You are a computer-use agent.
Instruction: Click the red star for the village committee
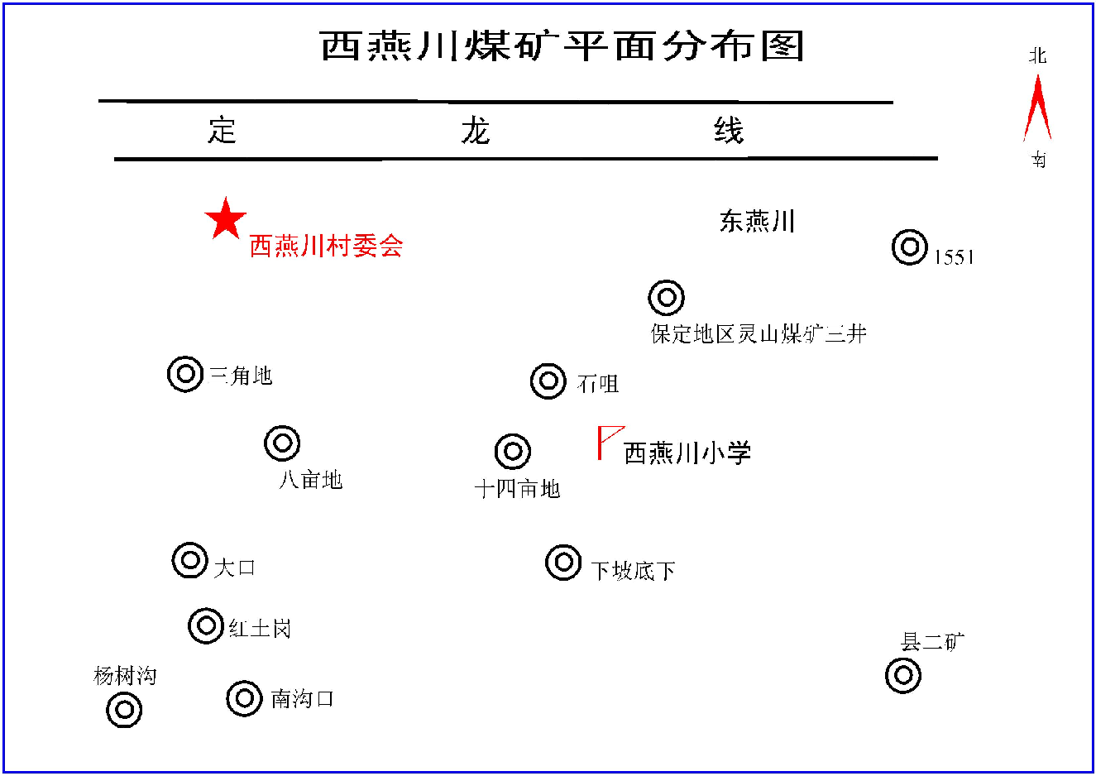coord(225,218)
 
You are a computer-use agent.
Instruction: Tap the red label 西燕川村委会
coord(327,246)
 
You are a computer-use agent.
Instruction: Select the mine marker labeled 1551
coord(910,247)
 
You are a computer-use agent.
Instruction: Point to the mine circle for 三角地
coord(185,374)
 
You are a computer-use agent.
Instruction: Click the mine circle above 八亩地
coord(282,443)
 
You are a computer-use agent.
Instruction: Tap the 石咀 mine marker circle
coord(548,381)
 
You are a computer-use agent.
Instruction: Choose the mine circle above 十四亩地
coord(512,451)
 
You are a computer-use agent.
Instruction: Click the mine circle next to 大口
coord(190,560)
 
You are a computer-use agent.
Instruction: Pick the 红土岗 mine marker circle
coord(206,625)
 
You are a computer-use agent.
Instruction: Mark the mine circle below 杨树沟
coord(124,710)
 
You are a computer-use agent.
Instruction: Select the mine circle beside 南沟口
coord(244,698)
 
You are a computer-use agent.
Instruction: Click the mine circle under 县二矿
coord(903,675)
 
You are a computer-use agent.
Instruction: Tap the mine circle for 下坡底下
coord(563,563)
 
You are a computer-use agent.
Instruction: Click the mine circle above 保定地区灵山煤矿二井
coord(666,298)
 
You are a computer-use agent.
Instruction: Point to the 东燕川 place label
coord(757,221)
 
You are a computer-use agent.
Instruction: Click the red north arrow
coord(1037,108)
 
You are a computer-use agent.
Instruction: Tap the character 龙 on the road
coord(475,130)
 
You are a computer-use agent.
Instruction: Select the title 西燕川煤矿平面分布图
coord(562,46)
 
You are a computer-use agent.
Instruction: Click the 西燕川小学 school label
coord(687,453)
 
